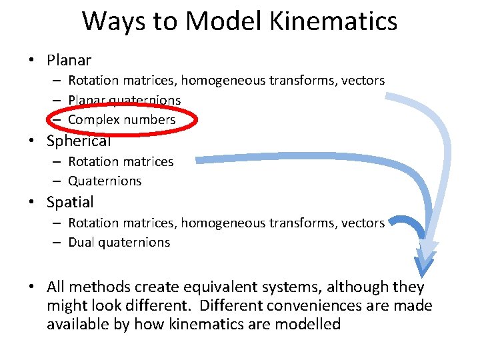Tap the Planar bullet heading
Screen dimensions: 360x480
pyautogui.click(x=69, y=60)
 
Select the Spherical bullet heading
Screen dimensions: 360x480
pyautogui.click(x=78, y=141)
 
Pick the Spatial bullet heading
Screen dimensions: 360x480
pyautogui.click(x=70, y=201)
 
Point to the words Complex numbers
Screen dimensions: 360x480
pyautogui.click(x=121, y=120)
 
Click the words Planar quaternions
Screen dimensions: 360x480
pyautogui.click(x=124, y=100)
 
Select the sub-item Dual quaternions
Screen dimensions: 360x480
pyautogui.click(x=119, y=243)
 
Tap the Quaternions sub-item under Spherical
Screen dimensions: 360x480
pyautogui.click(x=105, y=181)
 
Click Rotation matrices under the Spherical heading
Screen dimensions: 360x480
pyautogui.click(x=120, y=161)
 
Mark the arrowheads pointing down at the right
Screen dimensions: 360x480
pyautogui.click(x=425, y=261)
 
